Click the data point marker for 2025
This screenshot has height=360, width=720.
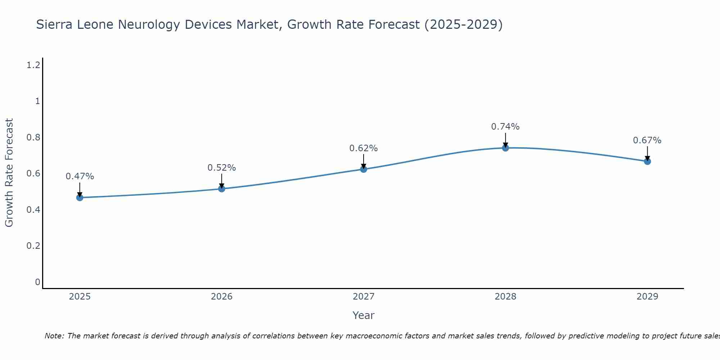(x=80, y=198)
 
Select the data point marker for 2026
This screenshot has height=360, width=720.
(x=222, y=189)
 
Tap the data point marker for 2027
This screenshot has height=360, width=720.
(x=364, y=169)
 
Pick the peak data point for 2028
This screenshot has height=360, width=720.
(x=505, y=148)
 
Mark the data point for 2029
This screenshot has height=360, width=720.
(x=647, y=161)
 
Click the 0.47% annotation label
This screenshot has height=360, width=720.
(x=80, y=176)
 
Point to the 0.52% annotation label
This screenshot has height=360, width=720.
(x=222, y=168)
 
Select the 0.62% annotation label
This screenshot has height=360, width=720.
(x=364, y=148)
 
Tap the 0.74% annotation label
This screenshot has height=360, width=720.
(x=505, y=127)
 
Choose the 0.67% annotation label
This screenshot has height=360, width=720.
(x=647, y=140)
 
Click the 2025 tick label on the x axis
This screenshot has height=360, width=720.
(x=80, y=297)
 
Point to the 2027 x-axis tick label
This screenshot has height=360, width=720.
(x=364, y=297)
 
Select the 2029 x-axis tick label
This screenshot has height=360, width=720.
(x=647, y=297)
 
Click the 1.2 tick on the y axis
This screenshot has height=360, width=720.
(x=33, y=65)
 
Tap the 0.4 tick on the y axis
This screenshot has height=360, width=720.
(x=33, y=210)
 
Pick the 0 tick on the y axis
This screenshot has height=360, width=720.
(x=37, y=282)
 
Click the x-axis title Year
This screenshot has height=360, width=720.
(x=364, y=315)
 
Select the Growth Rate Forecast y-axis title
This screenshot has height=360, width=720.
(x=9, y=173)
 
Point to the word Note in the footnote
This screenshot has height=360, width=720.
(x=54, y=336)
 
